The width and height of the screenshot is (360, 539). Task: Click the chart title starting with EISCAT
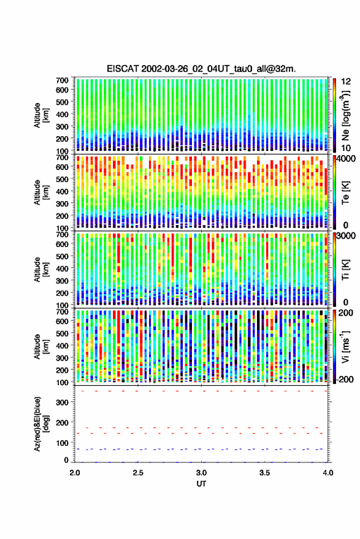point(201,69)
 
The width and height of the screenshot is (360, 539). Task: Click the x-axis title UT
point(201,484)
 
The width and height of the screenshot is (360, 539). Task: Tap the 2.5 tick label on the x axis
point(138,473)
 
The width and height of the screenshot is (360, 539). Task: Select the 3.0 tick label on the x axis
point(202,473)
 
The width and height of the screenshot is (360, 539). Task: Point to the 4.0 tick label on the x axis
point(328,473)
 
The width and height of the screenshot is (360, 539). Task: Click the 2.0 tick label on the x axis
point(75,473)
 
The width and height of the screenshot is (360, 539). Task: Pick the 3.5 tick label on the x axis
point(265,473)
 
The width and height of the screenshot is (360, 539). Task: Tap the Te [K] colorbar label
point(345,193)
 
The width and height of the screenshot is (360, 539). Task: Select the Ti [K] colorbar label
point(345,270)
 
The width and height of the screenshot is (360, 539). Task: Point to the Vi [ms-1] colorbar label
point(346,346)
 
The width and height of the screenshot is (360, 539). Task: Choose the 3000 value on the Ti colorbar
point(347,236)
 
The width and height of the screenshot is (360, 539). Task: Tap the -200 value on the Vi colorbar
point(345,379)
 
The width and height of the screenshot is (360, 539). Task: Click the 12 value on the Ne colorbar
point(347,82)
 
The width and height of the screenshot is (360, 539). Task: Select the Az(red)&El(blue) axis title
point(41,424)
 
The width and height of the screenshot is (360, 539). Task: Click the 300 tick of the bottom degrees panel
point(62,402)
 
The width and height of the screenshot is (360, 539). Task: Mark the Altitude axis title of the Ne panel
point(41,115)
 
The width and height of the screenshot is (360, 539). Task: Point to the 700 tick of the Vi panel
point(62,312)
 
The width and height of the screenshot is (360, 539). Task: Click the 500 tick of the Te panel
point(62,179)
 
